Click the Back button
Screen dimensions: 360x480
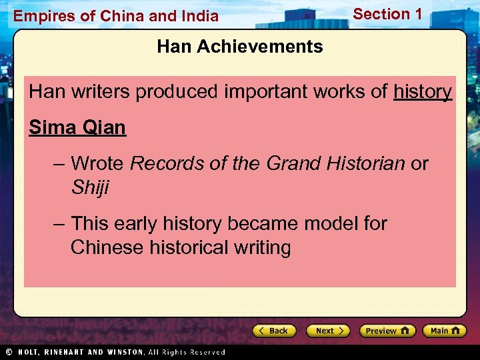point(273,331)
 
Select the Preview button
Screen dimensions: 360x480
point(387,331)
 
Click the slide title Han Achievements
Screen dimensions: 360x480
point(240,47)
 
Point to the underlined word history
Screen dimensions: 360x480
point(423,92)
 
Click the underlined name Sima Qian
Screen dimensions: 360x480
point(77,127)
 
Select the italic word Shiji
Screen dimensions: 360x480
point(89,188)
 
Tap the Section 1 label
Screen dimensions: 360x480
point(387,14)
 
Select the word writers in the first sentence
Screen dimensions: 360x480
point(98,92)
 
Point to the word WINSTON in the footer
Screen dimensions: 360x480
point(123,352)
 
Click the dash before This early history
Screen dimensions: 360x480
point(59,223)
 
